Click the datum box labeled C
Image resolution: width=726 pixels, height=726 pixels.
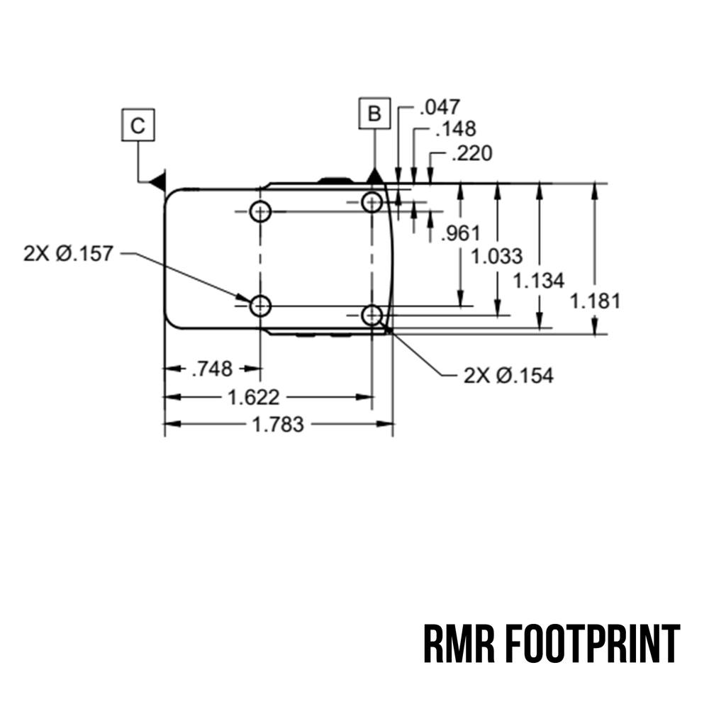[138, 126]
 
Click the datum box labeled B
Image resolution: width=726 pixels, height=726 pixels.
[374, 113]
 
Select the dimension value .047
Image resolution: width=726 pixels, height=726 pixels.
[440, 107]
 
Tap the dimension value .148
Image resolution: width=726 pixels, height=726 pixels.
[455, 129]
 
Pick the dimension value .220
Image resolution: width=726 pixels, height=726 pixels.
[471, 153]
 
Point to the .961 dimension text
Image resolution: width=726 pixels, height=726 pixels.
[460, 233]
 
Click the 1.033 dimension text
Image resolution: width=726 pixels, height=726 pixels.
[497, 256]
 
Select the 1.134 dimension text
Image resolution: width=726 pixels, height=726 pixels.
[539, 281]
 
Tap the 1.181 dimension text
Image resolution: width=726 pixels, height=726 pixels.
[595, 301]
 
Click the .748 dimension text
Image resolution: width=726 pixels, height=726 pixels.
[212, 369]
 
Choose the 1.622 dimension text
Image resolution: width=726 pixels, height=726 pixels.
[254, 397]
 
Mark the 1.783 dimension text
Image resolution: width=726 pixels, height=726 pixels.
[278, 425]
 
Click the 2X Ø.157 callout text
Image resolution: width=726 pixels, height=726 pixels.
[68, 253]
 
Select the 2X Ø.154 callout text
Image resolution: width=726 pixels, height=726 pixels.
[508, 375]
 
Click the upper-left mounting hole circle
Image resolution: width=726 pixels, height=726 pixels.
[261, 211]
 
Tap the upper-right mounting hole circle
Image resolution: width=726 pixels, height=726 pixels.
[372, 202]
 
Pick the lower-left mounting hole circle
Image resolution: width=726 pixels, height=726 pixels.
[261, 306]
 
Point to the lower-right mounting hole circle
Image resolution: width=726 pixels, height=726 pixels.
[372, 315]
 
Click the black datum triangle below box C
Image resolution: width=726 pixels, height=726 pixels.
[158, 181]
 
